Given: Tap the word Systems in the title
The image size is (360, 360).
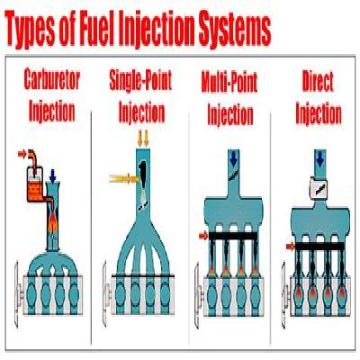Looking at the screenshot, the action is pyautogui.click(x=231, y=29).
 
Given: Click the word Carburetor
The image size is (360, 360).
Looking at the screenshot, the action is pyautogui.click(x=52, y=79).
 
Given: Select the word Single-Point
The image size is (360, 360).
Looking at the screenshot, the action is pyautogui.click(x=140, y=80).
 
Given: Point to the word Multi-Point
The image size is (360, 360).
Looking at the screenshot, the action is pyautogui.click(x=229, y=83).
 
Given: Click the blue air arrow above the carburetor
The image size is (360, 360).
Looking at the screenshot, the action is pyautogui.click(x=53, y=176).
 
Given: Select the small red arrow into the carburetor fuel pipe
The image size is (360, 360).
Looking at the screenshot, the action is pyautogui.click(x=22, y=154).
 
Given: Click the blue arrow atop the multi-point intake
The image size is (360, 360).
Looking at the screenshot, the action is pyautogui.click(x=234, y=158).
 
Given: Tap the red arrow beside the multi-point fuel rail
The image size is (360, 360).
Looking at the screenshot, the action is pyautogui.click(x=203, y=236).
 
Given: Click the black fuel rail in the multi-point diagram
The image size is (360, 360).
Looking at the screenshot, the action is pyautogui.click(x=233, y=236).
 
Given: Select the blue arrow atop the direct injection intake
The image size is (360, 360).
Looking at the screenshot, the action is pyautogui.click(x=320, y=159).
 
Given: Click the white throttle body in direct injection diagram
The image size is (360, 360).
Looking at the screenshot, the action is pyautogui.click(x=320, y=188).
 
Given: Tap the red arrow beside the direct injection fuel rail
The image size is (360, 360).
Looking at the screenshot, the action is pyautogui.click(x=291, y=247).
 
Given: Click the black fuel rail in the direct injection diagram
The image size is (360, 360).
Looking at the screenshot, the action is pyautogui.click(x=319, y=247).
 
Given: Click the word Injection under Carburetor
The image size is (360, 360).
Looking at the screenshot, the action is pyautogui.click(x=52, y=112).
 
